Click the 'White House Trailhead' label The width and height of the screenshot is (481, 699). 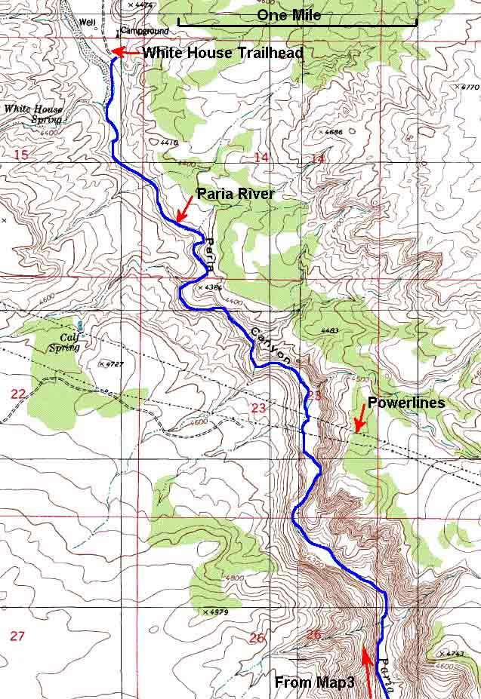[223, 53]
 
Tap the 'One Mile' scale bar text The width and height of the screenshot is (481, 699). [288, 15]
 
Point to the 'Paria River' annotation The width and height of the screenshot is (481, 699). [235, 194]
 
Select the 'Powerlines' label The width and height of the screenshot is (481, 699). [405, 403]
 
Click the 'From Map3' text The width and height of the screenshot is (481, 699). [315, 682]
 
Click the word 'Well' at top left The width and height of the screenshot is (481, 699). [87, 23]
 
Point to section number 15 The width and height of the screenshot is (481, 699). [21, 155]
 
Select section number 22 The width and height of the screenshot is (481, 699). [19, 393]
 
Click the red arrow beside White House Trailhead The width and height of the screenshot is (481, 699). [125, 52]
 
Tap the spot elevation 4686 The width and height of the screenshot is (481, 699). [333, 133]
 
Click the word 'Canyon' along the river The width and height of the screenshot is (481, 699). [268, 343]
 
